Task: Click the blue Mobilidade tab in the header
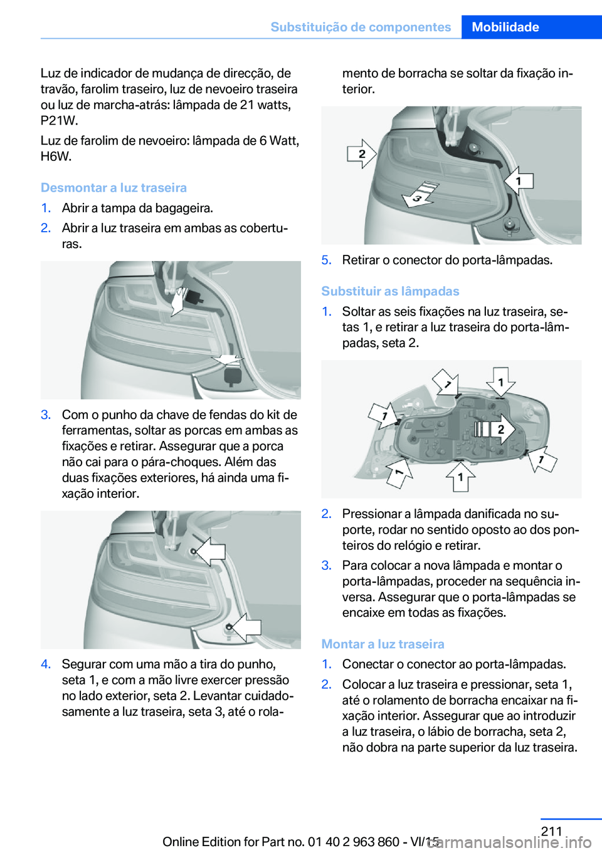pos(505,27)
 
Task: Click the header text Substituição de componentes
pos(361,27)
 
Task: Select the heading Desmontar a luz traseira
pos(114,188)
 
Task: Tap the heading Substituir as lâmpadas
pos(390,291)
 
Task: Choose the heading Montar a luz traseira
pos(383,644)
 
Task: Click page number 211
pos(551,831)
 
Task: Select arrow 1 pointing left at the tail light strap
pos(519,180)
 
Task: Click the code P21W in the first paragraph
pos(59,121)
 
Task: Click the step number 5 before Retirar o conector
pos(326,260)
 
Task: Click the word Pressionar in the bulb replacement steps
pos(371,514)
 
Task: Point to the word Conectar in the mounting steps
pos(367,664)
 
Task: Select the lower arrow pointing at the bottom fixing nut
pos(245,627)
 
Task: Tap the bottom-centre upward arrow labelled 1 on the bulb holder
pos(460,477)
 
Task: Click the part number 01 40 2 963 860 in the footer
pos(354,842)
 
